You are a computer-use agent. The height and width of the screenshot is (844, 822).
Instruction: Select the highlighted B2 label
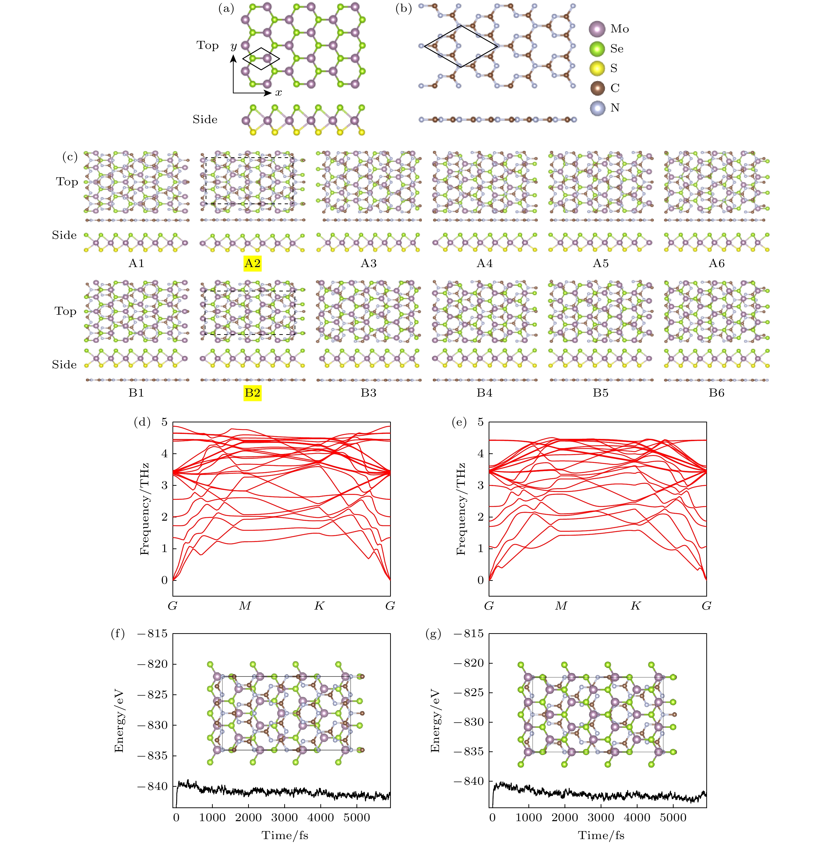tap(253, 393)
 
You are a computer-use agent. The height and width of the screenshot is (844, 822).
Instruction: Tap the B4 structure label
tap(484, 393)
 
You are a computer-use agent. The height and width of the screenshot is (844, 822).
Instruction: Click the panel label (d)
tap(142, 422)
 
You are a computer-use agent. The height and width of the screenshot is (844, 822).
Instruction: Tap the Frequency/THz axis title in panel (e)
tap(461, 509)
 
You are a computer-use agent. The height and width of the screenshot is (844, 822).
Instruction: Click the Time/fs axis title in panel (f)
tap(285, 835)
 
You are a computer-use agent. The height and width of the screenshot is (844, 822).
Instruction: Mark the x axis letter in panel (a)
tap(278, 93)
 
